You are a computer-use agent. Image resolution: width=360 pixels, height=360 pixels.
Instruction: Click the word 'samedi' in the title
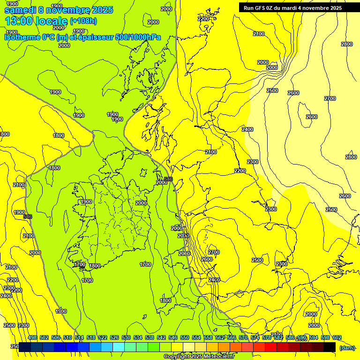(x=20, y=10)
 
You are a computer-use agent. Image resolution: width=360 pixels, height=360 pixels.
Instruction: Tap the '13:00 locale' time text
(x=36, y=21)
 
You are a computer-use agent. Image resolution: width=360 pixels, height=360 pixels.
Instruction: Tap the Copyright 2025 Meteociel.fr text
(x=199, y=357)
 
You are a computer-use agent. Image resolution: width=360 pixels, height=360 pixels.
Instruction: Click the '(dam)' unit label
(x=346, y=347)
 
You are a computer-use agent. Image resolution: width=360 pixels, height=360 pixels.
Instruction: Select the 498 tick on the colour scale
(x=32, y=338)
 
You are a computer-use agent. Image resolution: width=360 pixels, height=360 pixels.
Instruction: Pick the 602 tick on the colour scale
(x=337, y=338)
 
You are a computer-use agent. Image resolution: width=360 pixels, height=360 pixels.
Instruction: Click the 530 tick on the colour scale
(x=126, y=338)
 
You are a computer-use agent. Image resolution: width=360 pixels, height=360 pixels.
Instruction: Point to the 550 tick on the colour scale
(x=185, y=338)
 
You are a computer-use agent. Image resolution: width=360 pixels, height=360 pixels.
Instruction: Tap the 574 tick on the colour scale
(x=255, y=338)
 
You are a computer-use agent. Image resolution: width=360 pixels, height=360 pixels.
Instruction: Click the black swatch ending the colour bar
(x=330, y=347)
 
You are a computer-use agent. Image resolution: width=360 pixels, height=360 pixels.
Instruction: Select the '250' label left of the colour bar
(x=15, y=346)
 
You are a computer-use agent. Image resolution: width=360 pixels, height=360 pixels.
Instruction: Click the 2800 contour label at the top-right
(x=346, y=44)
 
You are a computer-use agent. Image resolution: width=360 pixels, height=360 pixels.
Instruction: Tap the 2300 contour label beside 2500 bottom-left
(x=23, y=325)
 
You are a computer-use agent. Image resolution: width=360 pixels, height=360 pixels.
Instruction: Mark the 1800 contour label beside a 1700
(x=95, y=266)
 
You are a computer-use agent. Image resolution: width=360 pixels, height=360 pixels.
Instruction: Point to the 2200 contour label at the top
(x=203, y=19)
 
